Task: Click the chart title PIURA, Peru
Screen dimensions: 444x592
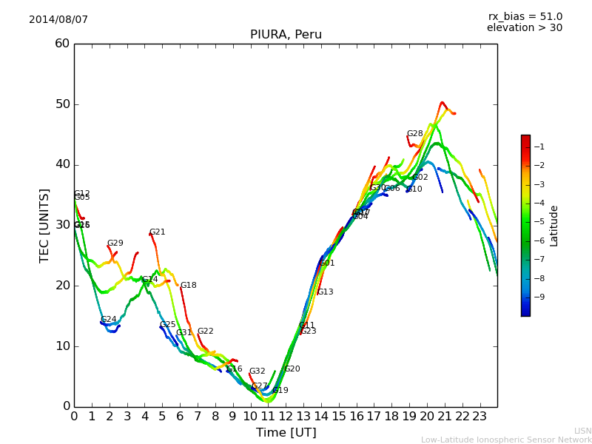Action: [286, 35]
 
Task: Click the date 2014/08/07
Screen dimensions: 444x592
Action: [58, 20]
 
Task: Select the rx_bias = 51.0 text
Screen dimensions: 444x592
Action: [525, 17]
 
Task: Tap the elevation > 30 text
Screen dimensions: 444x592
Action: [525, 28]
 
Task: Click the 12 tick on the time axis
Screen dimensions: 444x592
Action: [286, 417]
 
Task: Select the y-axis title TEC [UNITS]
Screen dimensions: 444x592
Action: [45, 225]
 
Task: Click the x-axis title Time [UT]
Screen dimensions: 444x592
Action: [286, 433]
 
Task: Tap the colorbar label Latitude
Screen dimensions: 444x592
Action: [554, 226]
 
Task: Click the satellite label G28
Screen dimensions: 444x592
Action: [414, 134]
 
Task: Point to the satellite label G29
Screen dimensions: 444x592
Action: [115, 243]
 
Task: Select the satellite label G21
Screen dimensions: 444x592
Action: [157, 232]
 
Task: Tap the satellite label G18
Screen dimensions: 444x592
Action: [188, 286]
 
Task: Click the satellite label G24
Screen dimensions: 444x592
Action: [108, 320]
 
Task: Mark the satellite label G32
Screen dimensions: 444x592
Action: [257, 371]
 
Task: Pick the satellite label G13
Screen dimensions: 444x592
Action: [325, 292]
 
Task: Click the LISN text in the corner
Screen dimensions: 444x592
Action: [582, 431]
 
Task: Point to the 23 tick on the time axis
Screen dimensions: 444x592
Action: [480, 417]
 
